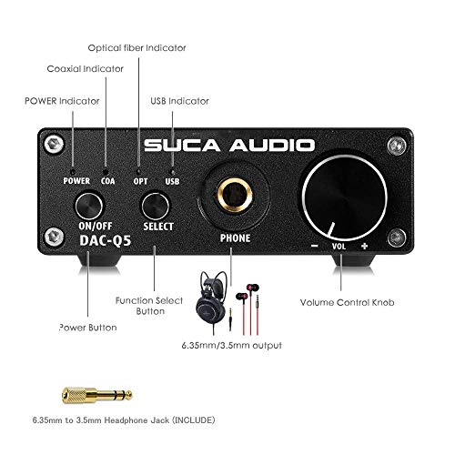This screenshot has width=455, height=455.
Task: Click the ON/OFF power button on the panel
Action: click(x=89, y=207)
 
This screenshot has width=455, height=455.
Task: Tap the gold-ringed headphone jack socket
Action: click(x=236, y=194)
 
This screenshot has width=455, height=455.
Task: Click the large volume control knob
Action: click(x=344, y=197)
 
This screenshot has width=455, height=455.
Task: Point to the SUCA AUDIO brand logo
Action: click(x=229, y=146)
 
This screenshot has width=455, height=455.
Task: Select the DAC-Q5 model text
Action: click(x=105, y=240)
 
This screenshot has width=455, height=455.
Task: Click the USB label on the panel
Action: click(x=172, y=181)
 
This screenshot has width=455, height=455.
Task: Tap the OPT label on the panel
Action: click(x=140, y=181)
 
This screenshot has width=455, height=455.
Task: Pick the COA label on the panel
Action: click(x=108, y=181)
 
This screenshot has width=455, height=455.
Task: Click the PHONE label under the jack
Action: click(x=236, y=238)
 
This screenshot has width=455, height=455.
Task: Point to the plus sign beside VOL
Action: click(x=364, y=246)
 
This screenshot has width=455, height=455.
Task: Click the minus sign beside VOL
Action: click(x=315, y=246)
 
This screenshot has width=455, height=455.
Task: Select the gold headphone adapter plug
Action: click(x=96, y=395)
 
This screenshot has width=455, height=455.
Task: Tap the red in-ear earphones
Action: click(x=248, y=308)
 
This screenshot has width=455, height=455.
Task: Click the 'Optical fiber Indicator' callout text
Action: click(x=136, y=48)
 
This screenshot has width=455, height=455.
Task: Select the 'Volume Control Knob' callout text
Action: click(x=347, y=302)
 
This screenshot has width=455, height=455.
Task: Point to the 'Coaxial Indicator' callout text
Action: click(x=86, y=69)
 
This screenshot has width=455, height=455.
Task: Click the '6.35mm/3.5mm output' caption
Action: click(x=232, y=346)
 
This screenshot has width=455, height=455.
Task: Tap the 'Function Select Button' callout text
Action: click(x=149, y=306)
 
